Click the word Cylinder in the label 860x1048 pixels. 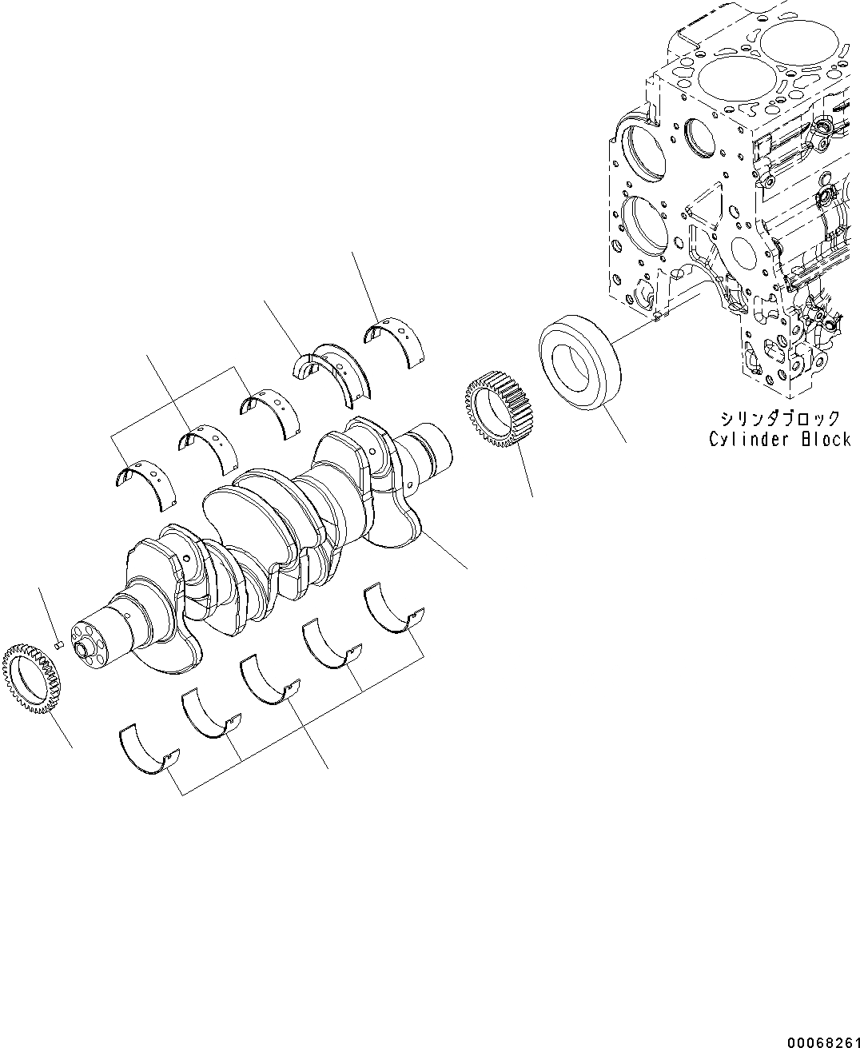pyautogui.click(x=748, y=440)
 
